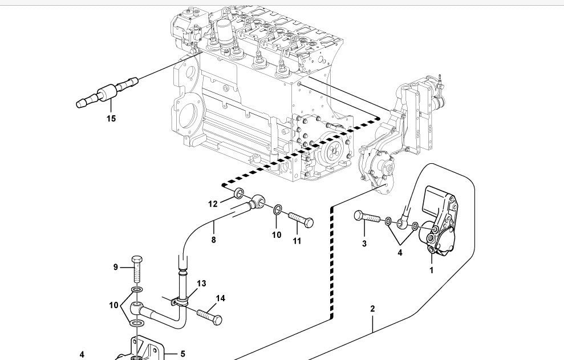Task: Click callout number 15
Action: [111, 119]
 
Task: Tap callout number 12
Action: [213, 204]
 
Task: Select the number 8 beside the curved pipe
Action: [214, 240]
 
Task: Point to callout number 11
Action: [297, 241]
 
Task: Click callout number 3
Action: [364, 244]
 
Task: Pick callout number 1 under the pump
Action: [431, 270]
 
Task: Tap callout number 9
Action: [115, 267]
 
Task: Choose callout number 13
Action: [201, 284]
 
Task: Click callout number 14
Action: [220, 298]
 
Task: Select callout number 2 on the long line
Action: [372, 309]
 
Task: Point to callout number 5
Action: [182, 354]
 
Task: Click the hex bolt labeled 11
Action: [301, 219]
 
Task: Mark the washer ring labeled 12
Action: [240, 192]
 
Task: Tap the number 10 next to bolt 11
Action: [277, 234]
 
